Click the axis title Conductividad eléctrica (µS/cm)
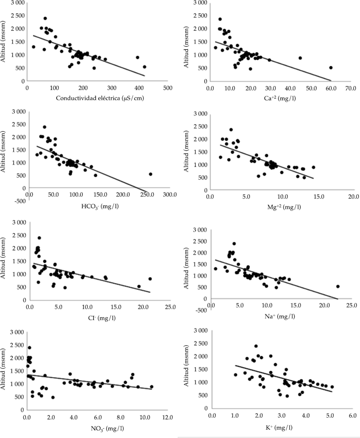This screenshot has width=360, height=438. coord(97,98)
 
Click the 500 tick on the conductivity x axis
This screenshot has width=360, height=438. coord(167,87)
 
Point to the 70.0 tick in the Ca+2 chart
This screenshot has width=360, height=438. coord(351,87)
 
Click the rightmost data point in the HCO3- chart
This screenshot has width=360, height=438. coord(150,174)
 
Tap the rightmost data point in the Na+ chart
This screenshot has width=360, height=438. coord(338,286)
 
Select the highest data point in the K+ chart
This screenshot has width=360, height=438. coord(256,346)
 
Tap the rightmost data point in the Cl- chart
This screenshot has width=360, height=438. coord(150,279)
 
